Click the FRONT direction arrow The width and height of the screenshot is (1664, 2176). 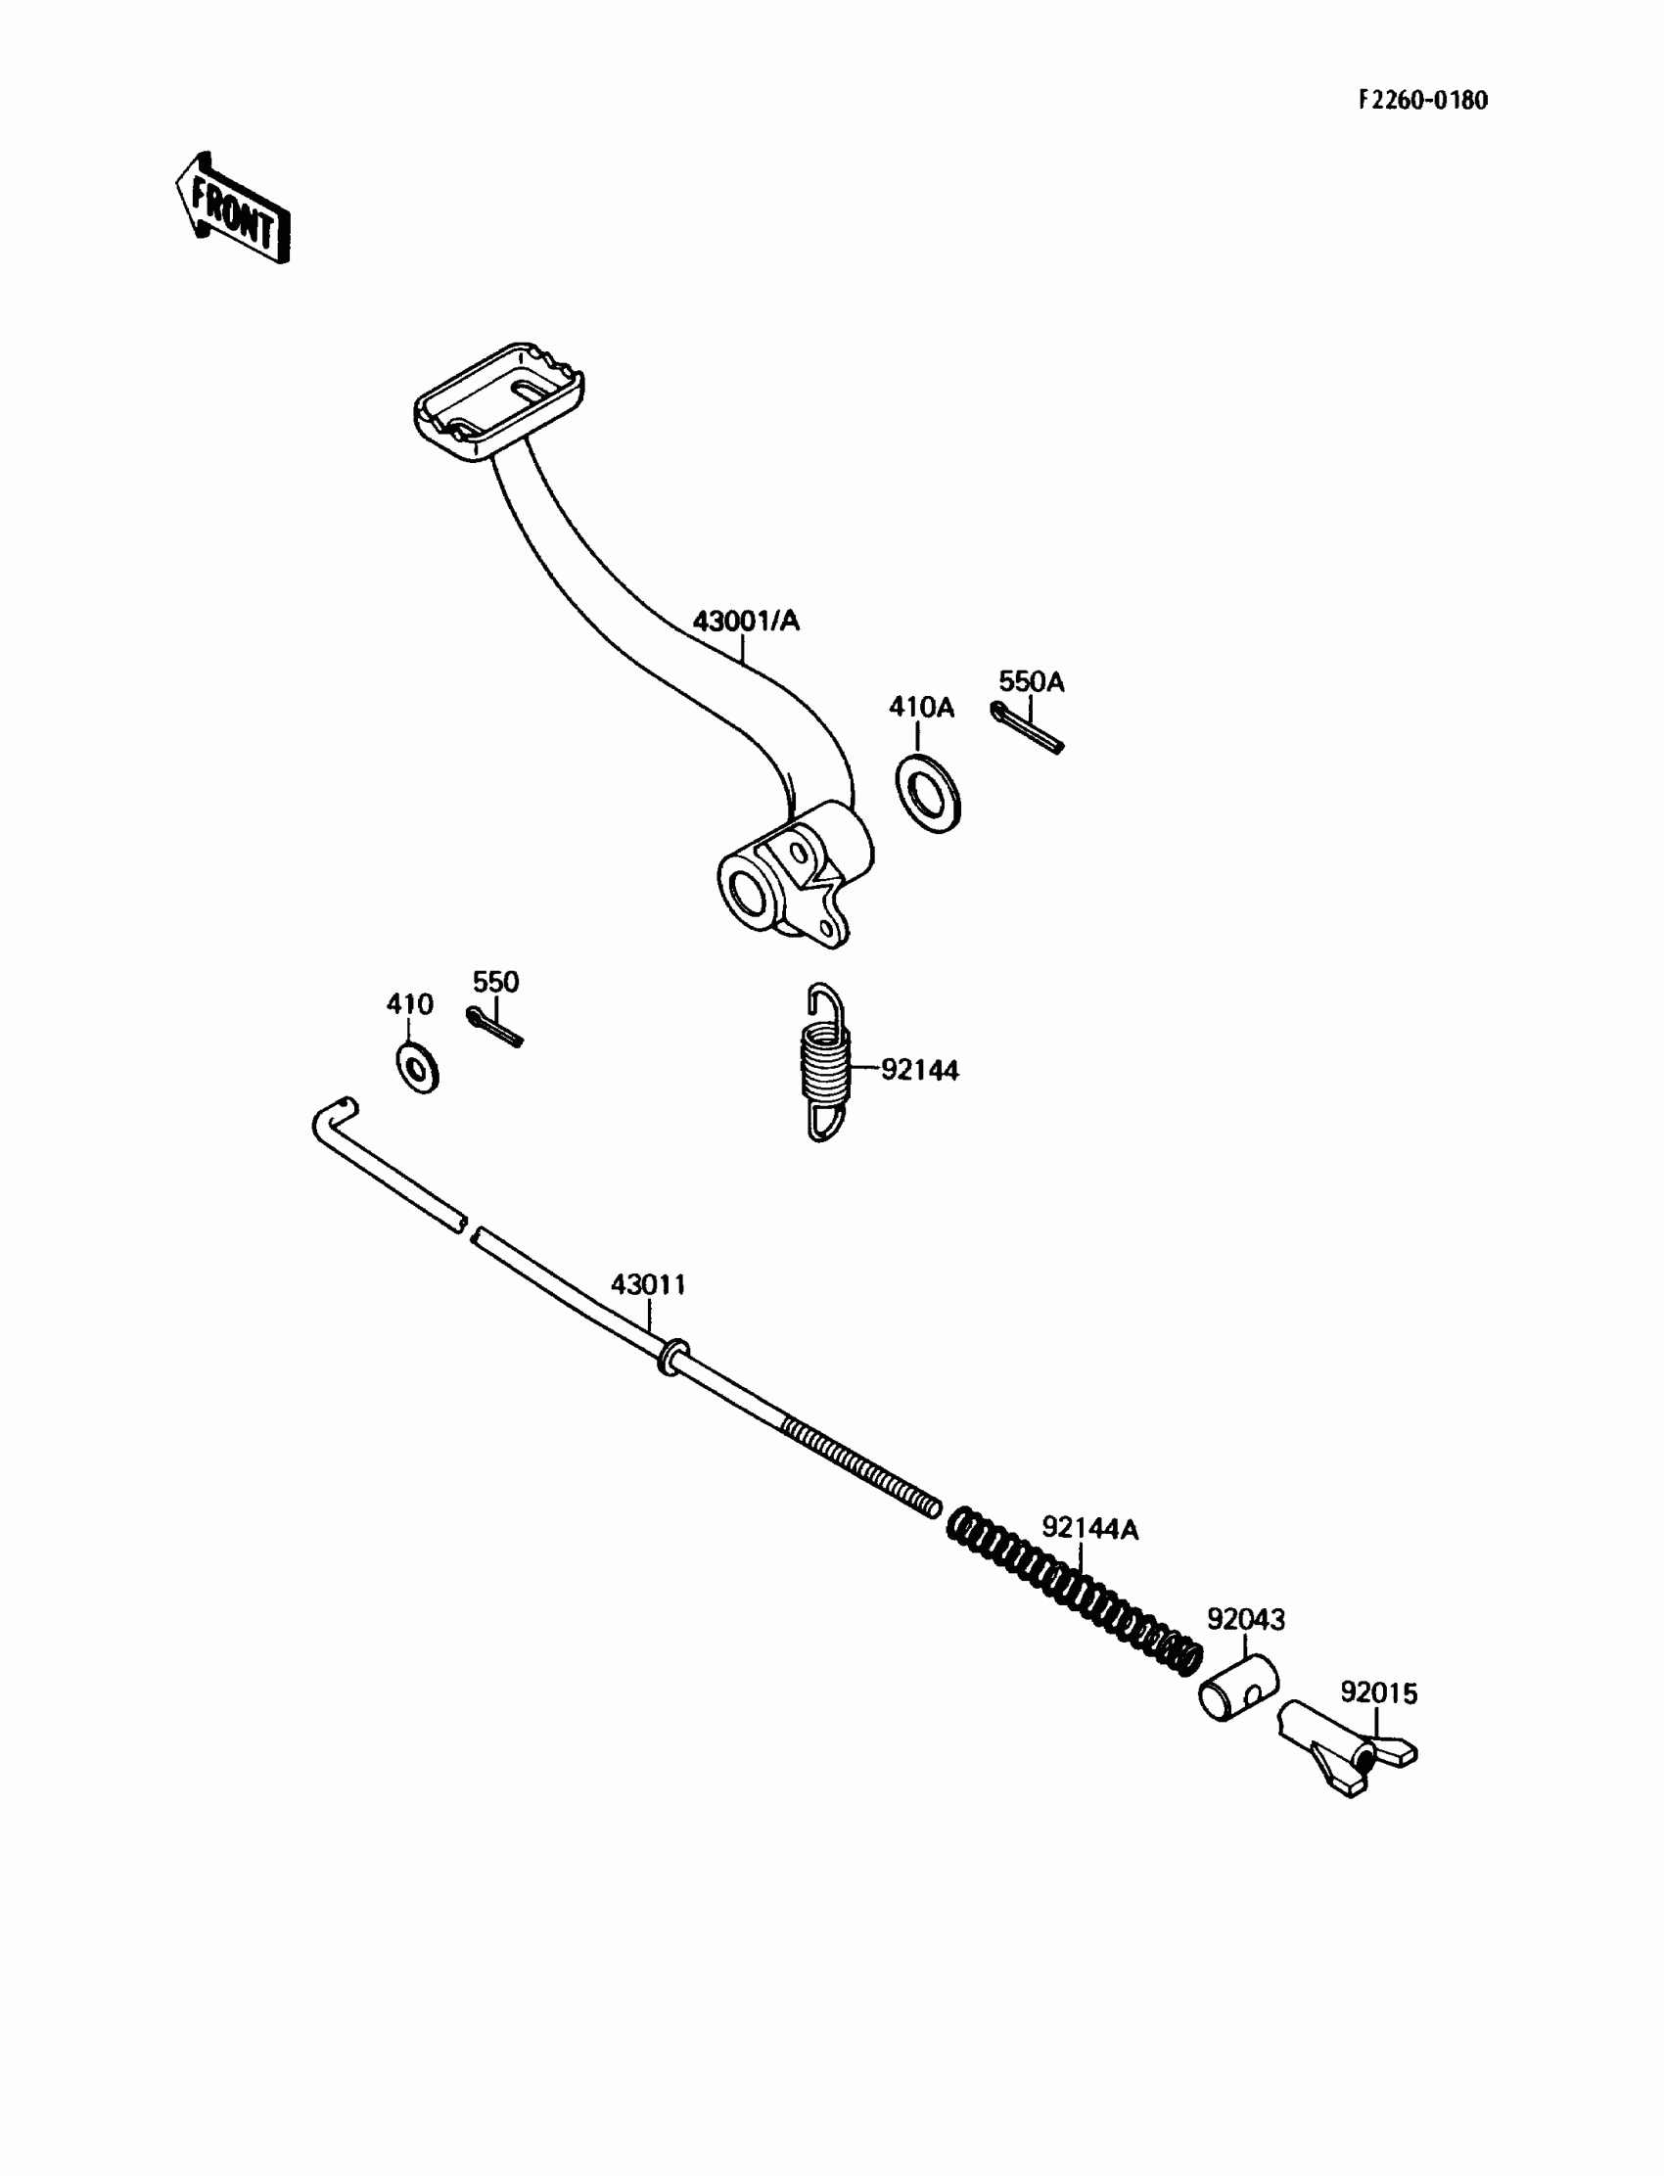(234, 208)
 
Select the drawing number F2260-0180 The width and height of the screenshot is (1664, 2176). (1422, 100)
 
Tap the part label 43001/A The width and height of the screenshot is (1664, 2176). (746, 621)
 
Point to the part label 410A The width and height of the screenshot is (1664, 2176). (921, 707)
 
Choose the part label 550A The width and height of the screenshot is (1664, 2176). (1031, 681)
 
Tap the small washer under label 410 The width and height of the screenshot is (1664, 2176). (418, 1068)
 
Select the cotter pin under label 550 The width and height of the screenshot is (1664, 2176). (493, 1026)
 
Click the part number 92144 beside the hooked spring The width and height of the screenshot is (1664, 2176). (920, 1071)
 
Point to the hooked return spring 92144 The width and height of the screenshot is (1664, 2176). (825, 1063)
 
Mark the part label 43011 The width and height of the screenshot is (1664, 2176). (648, 1284)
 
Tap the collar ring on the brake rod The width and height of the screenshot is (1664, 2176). (673, 1355)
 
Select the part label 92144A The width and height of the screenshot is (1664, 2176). (1089, 1529)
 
